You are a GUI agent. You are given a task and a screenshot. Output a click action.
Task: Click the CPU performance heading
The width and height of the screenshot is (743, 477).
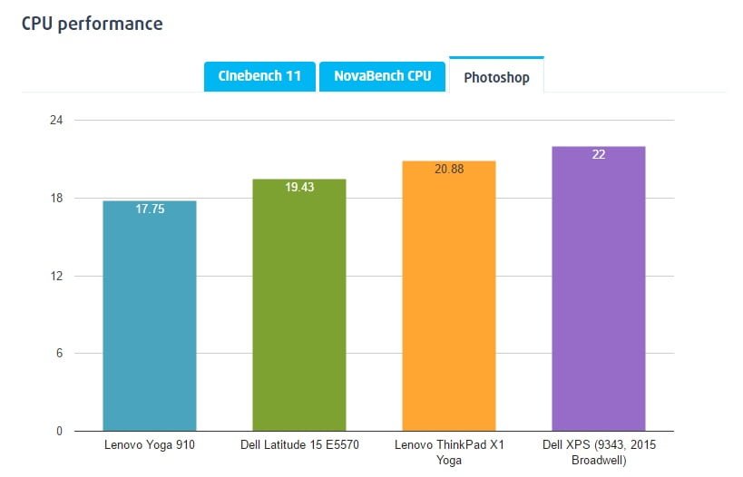[x=92, y=24]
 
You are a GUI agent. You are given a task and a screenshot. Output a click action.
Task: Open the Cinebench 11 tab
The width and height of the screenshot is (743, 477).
[x=259, y=76]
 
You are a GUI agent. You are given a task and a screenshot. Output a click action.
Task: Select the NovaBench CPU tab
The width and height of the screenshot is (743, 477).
[x=382, y=76]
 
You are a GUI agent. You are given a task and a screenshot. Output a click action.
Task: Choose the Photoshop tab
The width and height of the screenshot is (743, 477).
[x=496, y=77]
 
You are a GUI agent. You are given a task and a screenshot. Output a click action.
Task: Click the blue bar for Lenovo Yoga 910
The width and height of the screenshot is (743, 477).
[x=150, y=317]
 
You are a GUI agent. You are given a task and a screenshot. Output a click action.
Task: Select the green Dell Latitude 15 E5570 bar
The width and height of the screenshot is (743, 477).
[x=299, y=308]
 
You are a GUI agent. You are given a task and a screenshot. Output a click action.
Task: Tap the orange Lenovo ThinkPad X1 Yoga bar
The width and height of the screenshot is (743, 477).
[x=449, y=299]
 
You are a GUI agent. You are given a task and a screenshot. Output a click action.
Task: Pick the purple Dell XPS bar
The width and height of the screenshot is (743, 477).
[x=599, y=290]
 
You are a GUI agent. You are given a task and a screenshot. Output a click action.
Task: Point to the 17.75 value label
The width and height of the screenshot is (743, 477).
[x=150, y=209]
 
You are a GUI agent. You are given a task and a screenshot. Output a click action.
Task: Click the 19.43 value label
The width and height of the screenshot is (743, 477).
[x=299, y=187]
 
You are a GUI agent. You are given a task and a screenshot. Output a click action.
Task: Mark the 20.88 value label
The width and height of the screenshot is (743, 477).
[x=449, y=169]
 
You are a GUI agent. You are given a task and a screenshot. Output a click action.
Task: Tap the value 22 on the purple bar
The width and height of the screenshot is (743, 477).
[x=599, y=154]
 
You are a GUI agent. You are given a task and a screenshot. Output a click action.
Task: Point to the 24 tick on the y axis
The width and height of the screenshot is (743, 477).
[x=56, y=120]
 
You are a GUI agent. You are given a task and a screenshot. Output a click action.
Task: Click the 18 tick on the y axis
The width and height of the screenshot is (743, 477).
[x=56, y=198]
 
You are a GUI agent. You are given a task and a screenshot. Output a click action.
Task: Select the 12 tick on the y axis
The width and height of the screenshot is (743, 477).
[x=56, y=276]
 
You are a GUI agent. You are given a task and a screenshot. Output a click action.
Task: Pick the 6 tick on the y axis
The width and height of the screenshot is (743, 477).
[x=59, y=353]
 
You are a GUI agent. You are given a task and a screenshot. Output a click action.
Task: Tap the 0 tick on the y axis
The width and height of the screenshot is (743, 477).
[x=59, y=431]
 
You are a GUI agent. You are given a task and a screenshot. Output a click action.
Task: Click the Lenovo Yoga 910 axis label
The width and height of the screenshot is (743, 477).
[x=150, y=445]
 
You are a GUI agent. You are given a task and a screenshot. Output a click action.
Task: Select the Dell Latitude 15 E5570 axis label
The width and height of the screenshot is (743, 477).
[x=299, y=445]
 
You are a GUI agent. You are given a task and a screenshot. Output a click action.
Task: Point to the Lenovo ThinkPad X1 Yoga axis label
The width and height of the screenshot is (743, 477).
[x=449, y=452]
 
